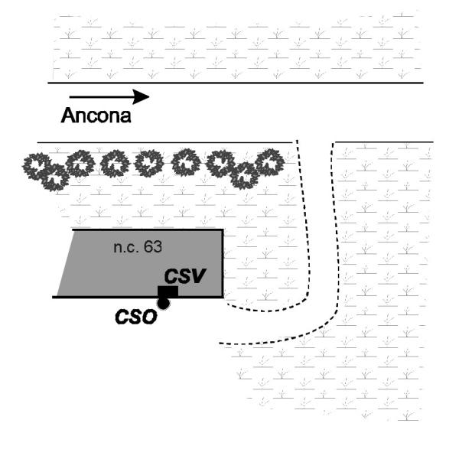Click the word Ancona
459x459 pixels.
point(96,115)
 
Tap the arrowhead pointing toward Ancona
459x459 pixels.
point(141,96)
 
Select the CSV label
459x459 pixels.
point(185,275)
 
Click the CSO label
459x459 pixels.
point(136,317)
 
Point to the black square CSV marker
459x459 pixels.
point(168,292)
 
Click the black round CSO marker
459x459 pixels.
point(164,303)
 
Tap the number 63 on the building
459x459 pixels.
point(153,247)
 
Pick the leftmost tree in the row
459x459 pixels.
point(37,166)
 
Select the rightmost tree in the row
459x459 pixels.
point(269,163)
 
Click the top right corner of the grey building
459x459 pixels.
point(223,230)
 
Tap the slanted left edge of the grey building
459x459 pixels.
point(65,263)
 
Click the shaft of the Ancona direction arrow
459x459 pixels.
point(101,96)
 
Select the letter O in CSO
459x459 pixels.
point(150,317)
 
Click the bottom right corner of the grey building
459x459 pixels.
point(223,297)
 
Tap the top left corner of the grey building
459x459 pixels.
point(73,230)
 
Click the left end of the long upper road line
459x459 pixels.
point(48,83)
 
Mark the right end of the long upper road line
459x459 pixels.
point(423,83)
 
